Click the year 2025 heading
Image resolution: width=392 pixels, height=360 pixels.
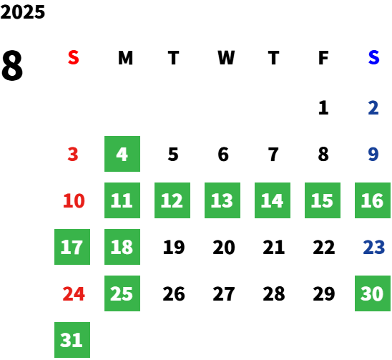click(23, 12)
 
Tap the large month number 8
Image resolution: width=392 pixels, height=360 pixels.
click(12, 65)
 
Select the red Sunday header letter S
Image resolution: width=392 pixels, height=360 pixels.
click(74, 57)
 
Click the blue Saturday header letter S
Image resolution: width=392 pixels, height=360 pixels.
click(373, 57)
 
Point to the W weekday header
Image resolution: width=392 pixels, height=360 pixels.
click(226, 57)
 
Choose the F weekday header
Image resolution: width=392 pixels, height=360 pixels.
click(323, 57)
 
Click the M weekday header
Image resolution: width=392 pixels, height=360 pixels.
click(125, 57)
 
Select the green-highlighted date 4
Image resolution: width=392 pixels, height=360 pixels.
click(122, 154)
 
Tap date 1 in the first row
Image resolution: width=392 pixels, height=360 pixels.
click(323, 107)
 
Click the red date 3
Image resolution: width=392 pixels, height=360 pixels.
click(73, 154)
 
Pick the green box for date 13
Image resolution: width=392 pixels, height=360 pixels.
click(222, 200)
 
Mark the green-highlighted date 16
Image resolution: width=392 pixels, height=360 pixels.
click(373, 200)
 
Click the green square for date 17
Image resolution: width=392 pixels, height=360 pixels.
click(72, 247)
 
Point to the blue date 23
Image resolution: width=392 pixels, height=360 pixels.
click(373, 247)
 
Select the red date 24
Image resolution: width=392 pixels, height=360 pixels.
click(74, 293)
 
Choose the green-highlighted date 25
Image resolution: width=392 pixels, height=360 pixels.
click(122, 293)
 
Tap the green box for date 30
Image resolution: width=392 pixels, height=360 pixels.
click(373, 293)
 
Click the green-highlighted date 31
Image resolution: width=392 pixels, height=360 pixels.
click(72, 340)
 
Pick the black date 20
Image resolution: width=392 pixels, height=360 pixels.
click(224, 247)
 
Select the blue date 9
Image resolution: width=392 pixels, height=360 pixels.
click(373, 154)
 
